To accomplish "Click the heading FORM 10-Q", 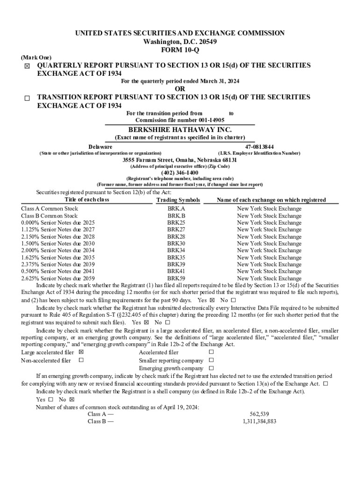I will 180,50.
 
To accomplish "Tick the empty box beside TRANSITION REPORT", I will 27,98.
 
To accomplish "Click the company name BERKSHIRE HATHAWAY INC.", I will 180,130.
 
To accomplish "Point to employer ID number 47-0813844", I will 259,147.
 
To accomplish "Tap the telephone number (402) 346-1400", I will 180,172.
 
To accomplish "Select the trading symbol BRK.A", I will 176,209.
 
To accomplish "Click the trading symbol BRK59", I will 176,278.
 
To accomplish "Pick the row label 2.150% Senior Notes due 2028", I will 58,237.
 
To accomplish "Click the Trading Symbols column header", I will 178,200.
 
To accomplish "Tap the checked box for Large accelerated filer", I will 81,352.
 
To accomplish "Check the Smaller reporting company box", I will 211,360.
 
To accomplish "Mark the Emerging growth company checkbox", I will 211,368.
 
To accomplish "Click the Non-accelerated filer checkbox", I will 81,360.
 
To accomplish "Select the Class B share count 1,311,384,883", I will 259,421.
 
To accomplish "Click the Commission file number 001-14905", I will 180,120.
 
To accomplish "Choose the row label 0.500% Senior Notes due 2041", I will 58,271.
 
